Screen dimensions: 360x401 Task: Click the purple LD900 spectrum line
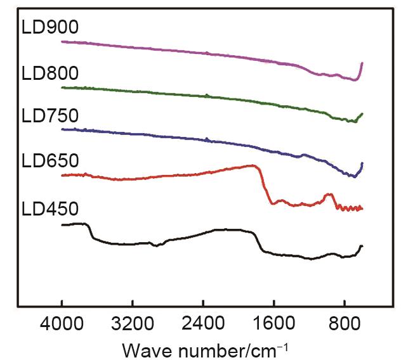tap(190, 51)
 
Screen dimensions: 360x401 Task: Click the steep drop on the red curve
tap(264, 187)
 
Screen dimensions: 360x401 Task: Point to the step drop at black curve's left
tap(90, 231)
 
